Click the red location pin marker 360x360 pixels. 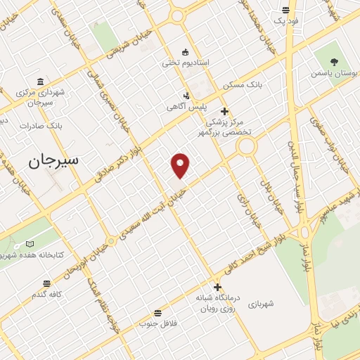click(x=181, y=165)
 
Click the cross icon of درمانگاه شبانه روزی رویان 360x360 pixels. click(x=217, y=287)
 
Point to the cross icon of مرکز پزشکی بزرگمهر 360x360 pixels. click(x=224, y=111)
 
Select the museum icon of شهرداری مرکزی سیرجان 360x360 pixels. click(x=39, y=81)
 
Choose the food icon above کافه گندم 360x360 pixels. click(x=46, y=284)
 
